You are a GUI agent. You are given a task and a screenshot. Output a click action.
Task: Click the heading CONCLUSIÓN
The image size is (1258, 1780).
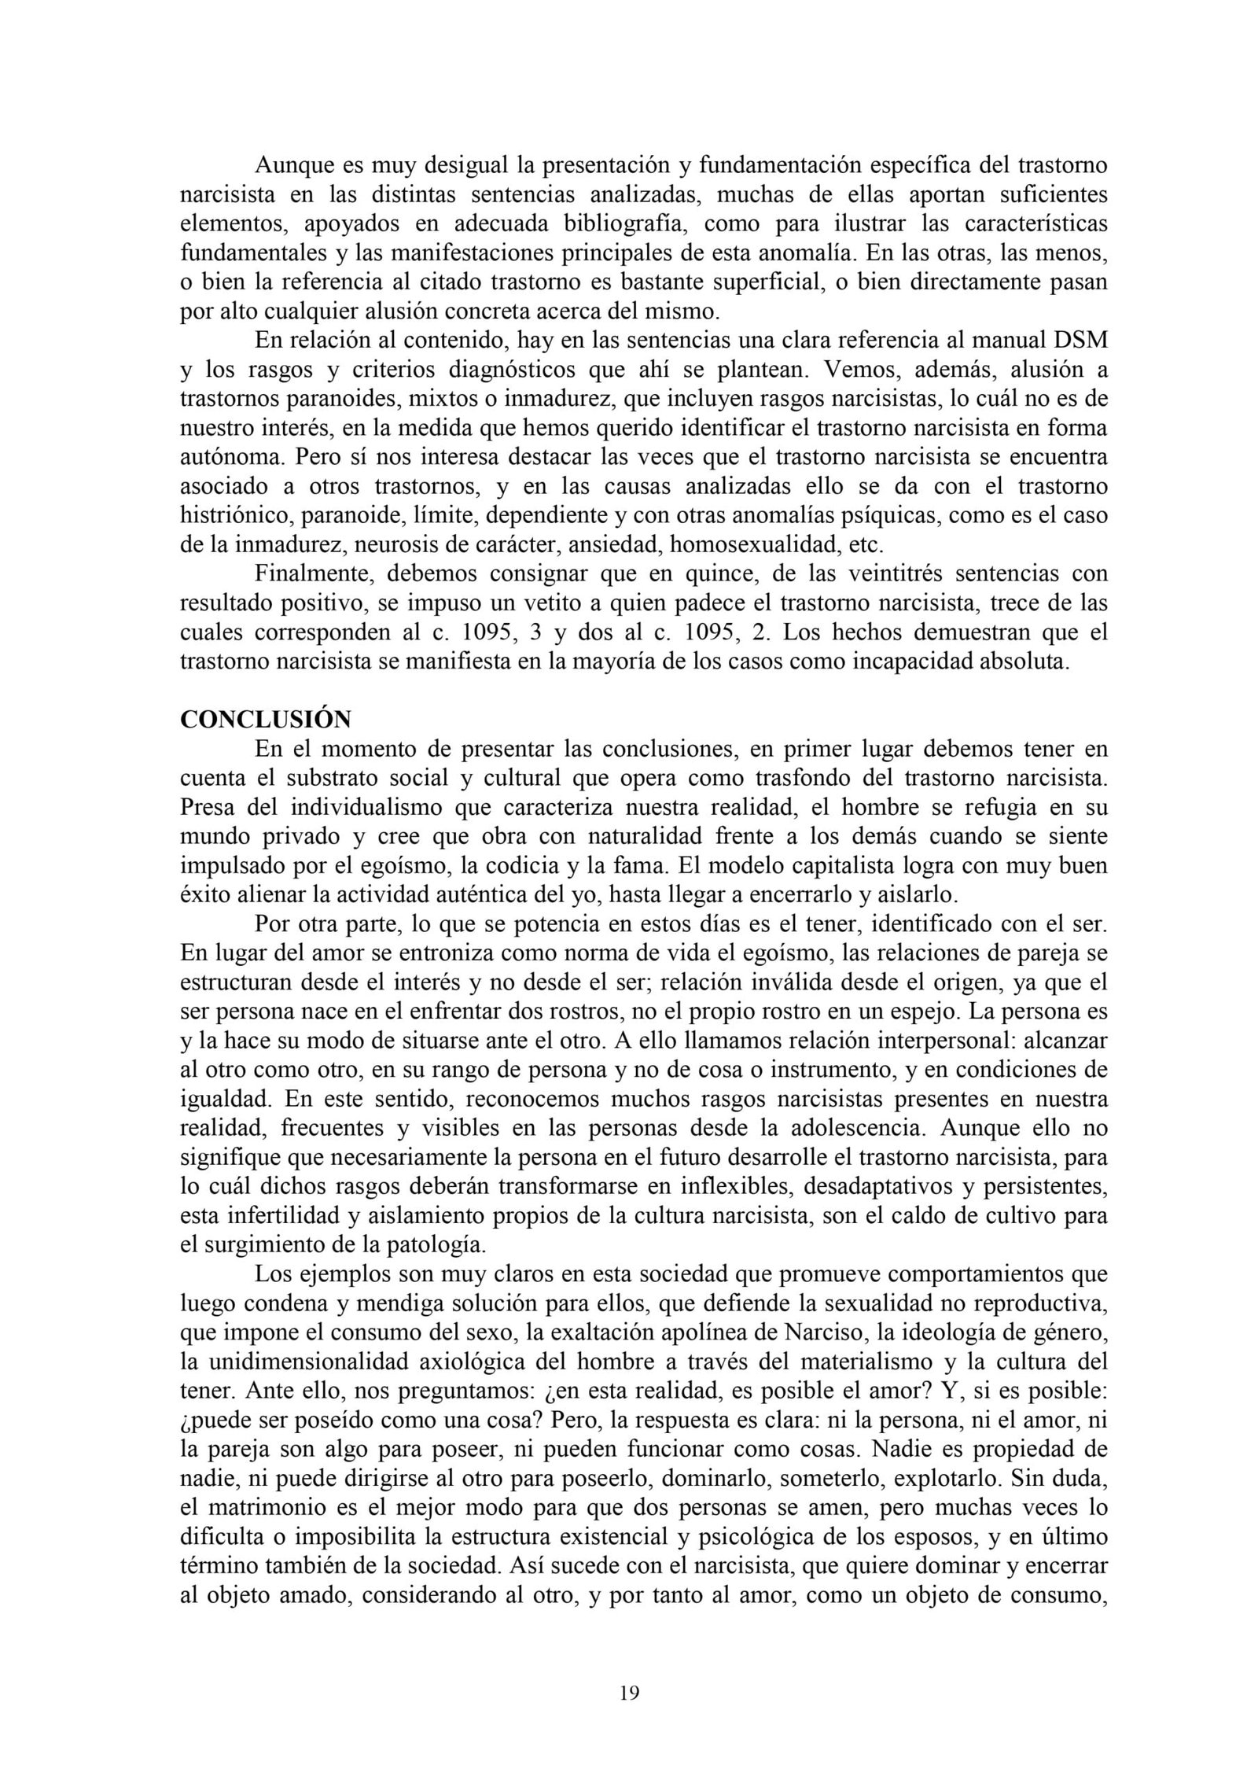(265, 719)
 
